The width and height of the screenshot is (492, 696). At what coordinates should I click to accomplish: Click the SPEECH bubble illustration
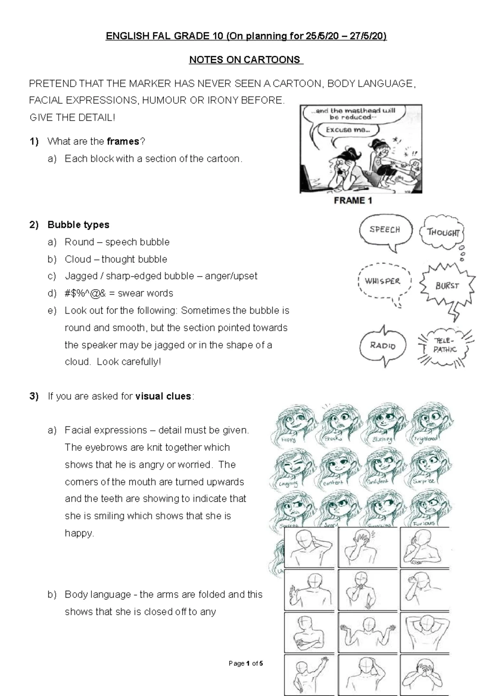pos(384,230)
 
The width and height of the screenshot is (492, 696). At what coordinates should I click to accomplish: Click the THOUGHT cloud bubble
pos(443,232)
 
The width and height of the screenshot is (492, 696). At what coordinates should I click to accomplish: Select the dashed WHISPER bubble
pos(383,281)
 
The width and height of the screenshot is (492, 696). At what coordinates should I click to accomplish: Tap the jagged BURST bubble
pos(446,286)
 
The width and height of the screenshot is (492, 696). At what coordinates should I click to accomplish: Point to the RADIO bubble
pos(383,345)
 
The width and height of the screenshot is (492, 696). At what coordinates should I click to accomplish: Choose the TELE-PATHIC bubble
pos(444,345)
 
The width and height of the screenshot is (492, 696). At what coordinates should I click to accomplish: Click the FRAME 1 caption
pos(353,200)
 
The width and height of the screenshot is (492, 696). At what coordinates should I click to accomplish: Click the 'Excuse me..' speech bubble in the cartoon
pos(348,130)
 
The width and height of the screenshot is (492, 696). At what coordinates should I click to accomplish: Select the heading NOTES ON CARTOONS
pos(246,60)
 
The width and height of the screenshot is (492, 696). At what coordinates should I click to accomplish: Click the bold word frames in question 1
pos(123,141)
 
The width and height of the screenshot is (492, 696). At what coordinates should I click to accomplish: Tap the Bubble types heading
pos(78,225)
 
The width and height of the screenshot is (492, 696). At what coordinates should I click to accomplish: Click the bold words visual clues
pos(163,396)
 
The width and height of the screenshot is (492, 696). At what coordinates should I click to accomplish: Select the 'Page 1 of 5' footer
pos(246,663)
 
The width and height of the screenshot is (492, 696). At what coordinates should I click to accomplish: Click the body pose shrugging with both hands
pos(367,632)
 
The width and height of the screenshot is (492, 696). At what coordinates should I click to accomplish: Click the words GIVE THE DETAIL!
pos(73,118)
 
